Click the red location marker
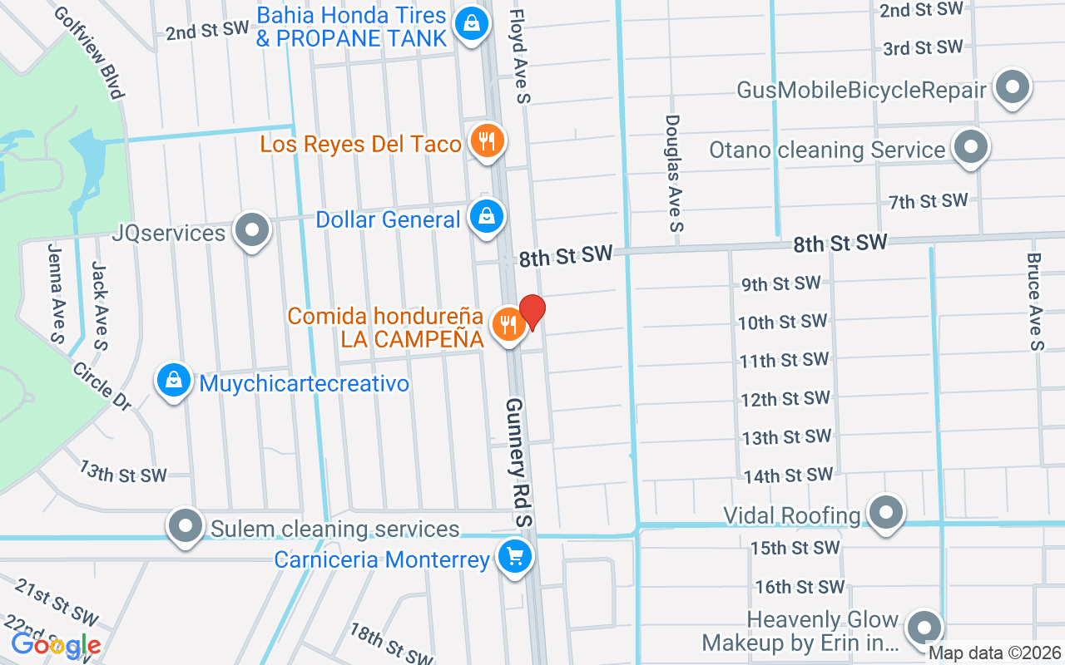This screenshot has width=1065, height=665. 532,312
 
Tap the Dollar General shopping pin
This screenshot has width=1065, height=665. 487,217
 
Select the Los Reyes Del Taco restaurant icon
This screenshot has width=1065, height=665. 487,142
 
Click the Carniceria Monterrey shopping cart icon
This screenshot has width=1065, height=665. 515,556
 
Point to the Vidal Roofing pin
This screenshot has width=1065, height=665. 886,511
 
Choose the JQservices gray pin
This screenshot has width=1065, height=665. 251,230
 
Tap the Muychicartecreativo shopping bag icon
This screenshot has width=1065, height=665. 173,381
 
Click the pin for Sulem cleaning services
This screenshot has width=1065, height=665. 186,525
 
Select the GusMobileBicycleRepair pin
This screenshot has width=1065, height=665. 1013,87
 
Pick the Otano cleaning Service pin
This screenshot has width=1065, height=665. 969,147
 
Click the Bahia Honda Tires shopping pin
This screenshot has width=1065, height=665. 472,24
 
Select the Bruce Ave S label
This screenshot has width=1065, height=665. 1034,302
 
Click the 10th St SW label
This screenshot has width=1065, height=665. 782,322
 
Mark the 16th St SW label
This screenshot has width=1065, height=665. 800,587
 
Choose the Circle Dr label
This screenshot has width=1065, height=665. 102,386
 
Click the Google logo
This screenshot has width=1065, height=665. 56,645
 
